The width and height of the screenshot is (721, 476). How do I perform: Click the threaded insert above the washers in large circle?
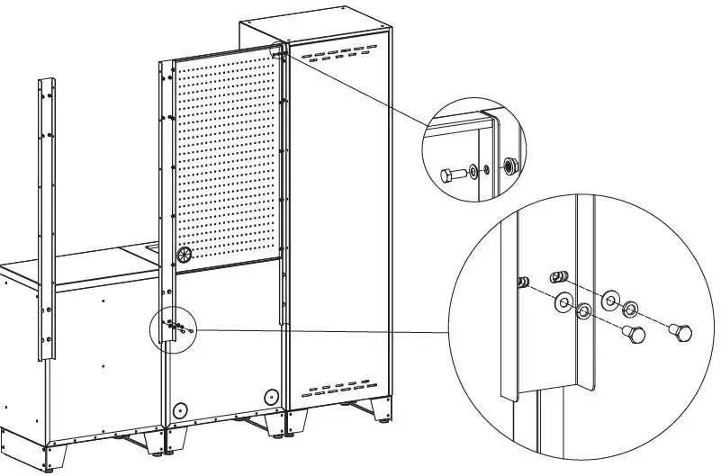(x=558, y=276)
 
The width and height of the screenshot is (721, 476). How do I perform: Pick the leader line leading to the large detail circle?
(x=324, y=331)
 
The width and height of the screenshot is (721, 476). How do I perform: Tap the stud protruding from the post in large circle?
(x=522, y=283)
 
